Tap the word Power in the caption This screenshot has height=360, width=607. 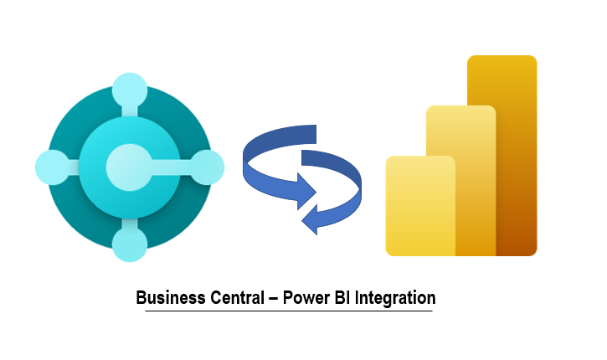pyautogui.click(x=304, y=298)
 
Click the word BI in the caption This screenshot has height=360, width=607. pyautogui.click(x=338, y=298)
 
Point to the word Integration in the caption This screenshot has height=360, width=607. pyautogui.click(x=394, y=298)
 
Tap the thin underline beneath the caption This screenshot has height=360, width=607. pyautogui.click(x=289, y=311)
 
